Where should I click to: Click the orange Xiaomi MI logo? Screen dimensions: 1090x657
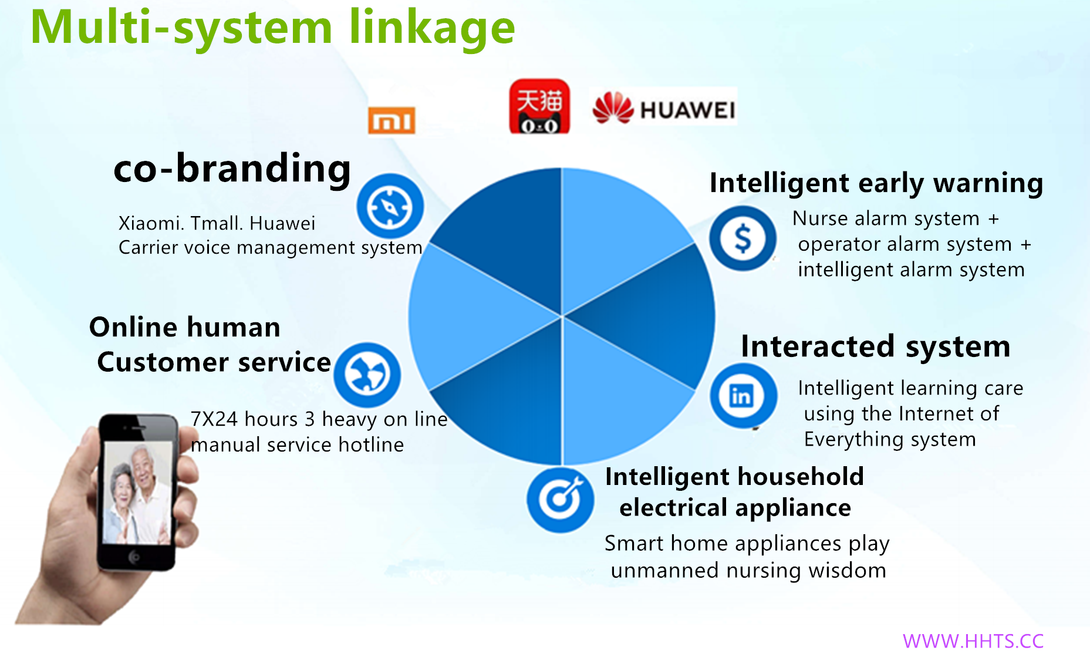pos(392,120)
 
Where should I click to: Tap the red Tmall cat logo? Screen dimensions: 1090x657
pos(539,106)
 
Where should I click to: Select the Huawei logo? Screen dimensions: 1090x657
pos(664,107)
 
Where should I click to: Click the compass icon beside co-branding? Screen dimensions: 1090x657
pos(390,207)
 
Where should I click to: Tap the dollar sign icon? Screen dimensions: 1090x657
pos(743,238)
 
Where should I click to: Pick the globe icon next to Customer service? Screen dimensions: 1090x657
pos(367,375)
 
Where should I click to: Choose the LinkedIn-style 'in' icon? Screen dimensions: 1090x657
pos(743,396)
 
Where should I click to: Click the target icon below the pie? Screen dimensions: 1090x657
pos(560,500)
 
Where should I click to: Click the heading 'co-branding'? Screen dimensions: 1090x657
pos(232,169)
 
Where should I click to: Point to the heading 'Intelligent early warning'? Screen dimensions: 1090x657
pos(876,183)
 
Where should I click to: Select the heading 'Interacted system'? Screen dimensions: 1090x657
pos(876,346)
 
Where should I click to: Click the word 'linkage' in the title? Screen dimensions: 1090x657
pos(432,28)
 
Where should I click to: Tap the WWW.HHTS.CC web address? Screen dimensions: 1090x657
pos(973,641)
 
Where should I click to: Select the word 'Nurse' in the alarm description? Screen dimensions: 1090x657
pos(820,219)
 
